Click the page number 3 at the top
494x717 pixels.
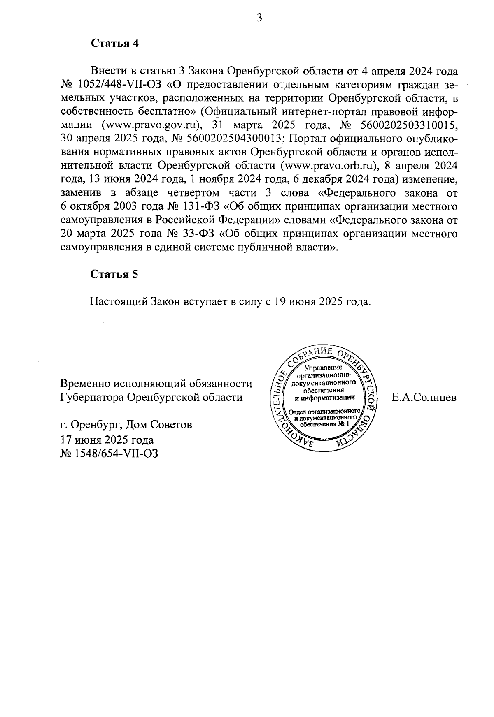259,18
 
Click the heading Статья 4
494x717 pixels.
114,44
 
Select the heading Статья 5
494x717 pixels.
114,275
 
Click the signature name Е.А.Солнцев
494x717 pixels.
424,398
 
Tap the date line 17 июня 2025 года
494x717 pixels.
107,439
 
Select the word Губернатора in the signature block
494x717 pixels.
92,398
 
